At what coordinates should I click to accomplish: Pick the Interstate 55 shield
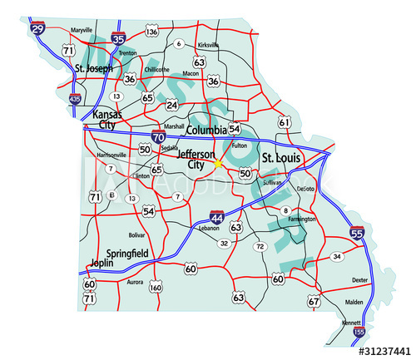point(357,234)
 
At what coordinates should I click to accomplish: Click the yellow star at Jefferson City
point(218,163)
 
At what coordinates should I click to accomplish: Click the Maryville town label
point(82,30)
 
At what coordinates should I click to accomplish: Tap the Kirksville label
point(208,45)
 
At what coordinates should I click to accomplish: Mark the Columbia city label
point(206,131)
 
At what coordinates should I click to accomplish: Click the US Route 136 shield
point(151,32)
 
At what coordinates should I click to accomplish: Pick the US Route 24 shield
point(172,105)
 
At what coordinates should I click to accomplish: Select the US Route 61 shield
point(285,122)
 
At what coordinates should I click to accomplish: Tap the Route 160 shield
point(156,288)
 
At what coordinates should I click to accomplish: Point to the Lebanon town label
point(209,227)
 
